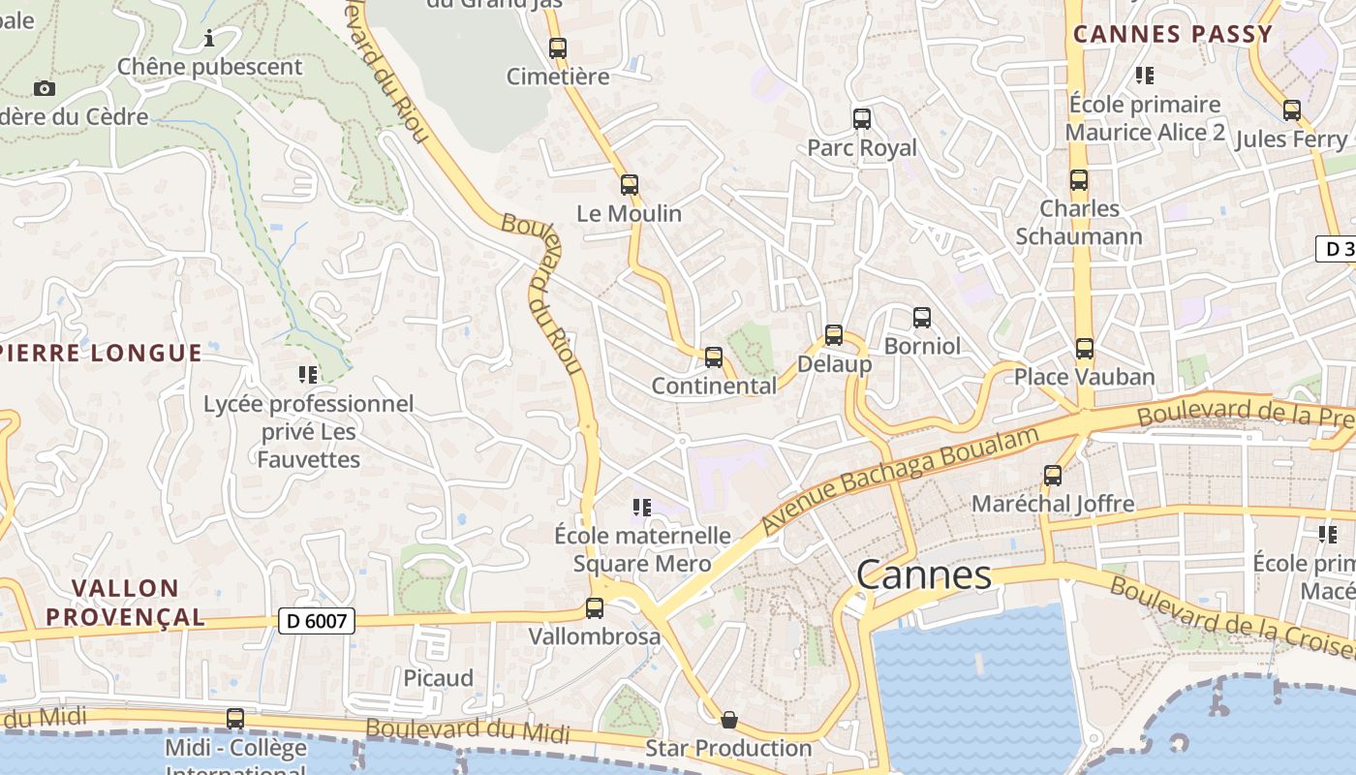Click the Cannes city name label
[x=924, y=574]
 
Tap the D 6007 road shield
[x=317, y=621]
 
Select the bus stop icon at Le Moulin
[x=630, y=184]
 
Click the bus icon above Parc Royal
[x=862, y=119]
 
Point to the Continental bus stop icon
[x=714, y=356]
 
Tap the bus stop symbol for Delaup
[x=834, y=335]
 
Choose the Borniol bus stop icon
[x=922, y=317]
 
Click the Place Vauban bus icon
[x=1085, y=348]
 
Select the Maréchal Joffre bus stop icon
[x=1053, y=475]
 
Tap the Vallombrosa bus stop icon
[x=595, y=607]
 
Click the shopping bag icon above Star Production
[x=729, y=719]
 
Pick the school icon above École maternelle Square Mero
[x=641, y=507]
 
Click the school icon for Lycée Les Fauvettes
[x=308, y=374]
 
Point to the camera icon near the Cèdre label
[x=44, y=88]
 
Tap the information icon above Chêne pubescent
[x=209, y=38]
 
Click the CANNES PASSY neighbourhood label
[x=1172, y=34]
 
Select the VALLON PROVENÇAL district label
[x=125, y=602]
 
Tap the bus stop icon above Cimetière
[x=557, y=47]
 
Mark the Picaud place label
[x=438, y=677]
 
